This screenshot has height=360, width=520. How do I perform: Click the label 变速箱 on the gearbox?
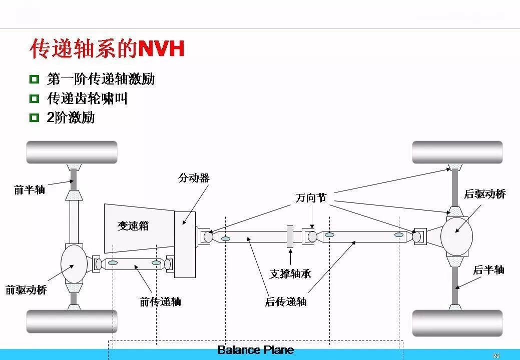click(x=133, y=226)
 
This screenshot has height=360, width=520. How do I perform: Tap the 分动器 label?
click(x=194, y=178)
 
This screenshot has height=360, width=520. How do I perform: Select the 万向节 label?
click(x=311, y=197)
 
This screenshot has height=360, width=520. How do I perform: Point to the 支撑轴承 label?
click(x=290, y=273)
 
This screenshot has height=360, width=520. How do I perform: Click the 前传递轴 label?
click(x=160, y=301)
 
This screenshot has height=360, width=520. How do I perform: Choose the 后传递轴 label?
click(x=286, y=301)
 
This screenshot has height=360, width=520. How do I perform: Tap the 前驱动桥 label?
click(x=27, y=290)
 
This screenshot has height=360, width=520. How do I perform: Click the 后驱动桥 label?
click(x=485, y=193)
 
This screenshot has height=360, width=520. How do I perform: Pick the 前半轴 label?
click(x=30, y=190)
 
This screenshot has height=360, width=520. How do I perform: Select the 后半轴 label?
click(x=489, y=269)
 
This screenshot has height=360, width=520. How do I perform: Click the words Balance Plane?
click(x=256, y=350)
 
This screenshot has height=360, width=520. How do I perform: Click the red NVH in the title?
click(x=161, y=49)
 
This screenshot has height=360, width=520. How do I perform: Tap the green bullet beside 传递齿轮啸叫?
click(x=34, y=98)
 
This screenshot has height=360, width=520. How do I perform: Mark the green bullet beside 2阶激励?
click(x=34, y=117)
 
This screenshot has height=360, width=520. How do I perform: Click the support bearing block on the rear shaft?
click(x=290, y=236)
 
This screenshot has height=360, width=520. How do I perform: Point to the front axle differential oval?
click(x=74, y=264)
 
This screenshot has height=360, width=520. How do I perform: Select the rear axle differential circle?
click(x=456, y=236)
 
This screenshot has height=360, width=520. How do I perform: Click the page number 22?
click(x=496, y=356)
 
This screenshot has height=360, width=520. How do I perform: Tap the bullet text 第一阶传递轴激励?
click(x=101, y=79)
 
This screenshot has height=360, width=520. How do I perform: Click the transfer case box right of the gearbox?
click(x=185, y=244)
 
